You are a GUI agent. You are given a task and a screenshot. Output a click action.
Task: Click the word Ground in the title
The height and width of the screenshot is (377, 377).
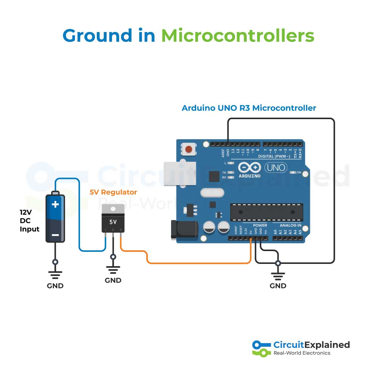pyautogui.click(x=98, y=36)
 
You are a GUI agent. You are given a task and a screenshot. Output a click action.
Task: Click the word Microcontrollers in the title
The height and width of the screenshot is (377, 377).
pyautogui.click(x=238, y=36)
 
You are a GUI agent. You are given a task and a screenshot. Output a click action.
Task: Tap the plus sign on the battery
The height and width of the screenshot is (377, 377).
pyautogui.click(x=55, y=205)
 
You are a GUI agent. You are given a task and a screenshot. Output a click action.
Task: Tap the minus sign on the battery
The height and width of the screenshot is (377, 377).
pyautogui.click(x=55, y=235)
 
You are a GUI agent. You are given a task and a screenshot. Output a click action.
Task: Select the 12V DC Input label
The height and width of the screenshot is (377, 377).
pyautogui.click(x=29, y=220)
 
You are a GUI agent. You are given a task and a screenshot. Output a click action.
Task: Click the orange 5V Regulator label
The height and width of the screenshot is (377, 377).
pyautogui.click(x=113, y=192)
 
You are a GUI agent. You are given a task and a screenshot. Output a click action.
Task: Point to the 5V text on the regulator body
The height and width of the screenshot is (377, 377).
pyautogui.click(x=113, y=222)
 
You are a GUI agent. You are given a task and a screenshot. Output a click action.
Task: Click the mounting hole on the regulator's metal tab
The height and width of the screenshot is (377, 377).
pyautogui.click(x=113, y=208)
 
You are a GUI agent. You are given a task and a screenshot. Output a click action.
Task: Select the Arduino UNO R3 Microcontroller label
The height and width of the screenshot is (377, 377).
pyautogui.click(x=249, y=108)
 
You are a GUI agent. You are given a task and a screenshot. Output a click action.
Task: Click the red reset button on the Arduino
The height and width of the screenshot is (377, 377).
pyautogui.click(x=188, y=150)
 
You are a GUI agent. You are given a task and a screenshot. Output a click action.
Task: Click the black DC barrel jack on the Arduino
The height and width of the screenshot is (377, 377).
pyautogui.click(x=184, y=230)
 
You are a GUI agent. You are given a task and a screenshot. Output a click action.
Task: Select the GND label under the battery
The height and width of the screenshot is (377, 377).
pyautogui.click(x=55, y=286)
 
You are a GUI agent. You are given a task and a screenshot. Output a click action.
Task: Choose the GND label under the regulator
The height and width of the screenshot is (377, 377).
pyautogui.click(x=113, y=280)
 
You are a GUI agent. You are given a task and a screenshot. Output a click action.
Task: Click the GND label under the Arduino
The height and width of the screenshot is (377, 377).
pyautogui.click(x=278, y=286)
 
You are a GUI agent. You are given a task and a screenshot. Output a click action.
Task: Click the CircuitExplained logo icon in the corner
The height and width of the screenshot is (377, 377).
pyautogui.click(x=261, y=348)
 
